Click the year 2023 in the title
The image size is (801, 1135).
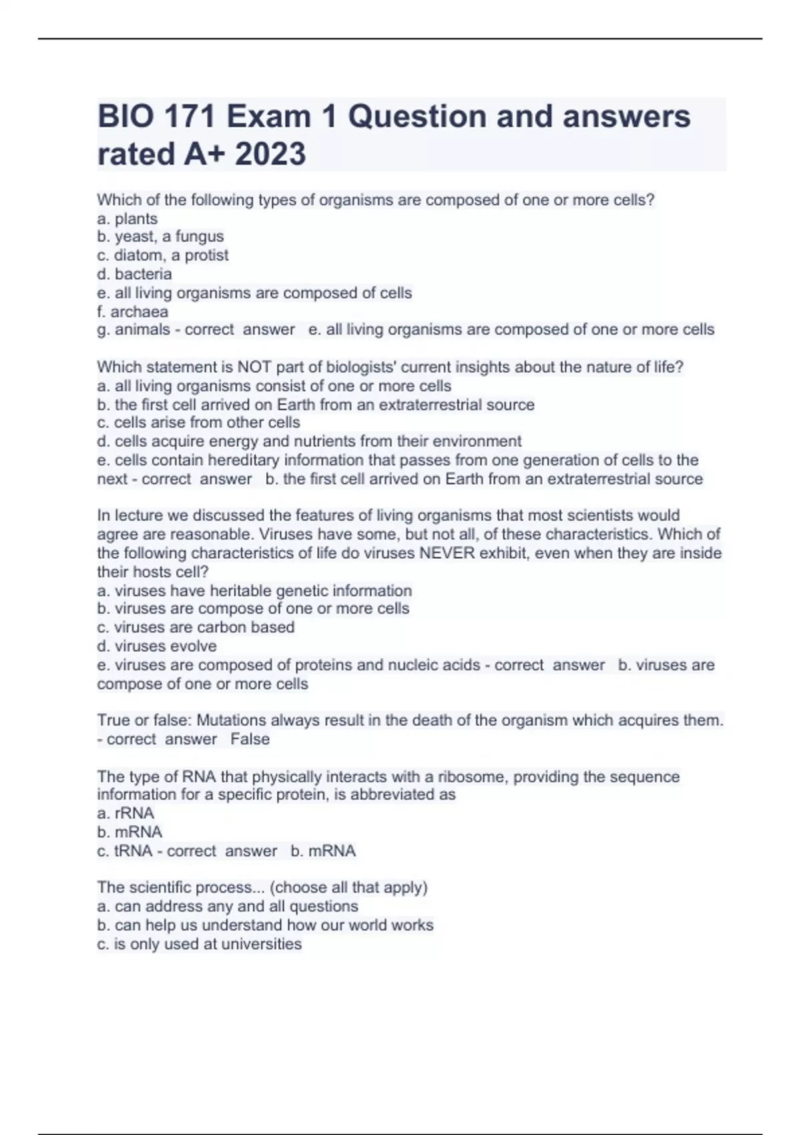click(x=270, y=154)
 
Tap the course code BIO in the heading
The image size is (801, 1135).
click(x=125, y=116)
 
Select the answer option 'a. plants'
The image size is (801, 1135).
click(x=127, y=218)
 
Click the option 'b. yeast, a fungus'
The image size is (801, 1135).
click(x=160, y=236)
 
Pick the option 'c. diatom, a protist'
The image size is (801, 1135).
click(x=163, y=255)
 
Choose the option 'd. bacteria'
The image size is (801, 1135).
click(x=134, y=274)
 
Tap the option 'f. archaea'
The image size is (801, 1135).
click(x=132, y=311)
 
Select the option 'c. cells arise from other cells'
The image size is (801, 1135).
click(x=198, y=423)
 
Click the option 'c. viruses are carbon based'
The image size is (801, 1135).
click(x=196, y=627)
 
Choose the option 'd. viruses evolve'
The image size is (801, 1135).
click(x=157, y=646)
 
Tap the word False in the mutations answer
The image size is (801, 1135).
click(x=250, y=739)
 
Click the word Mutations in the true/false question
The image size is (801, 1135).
click(x=232, y=720)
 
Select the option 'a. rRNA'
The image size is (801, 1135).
click(x=125, y=813)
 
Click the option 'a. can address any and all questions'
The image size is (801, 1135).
click(x=228, y=906)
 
